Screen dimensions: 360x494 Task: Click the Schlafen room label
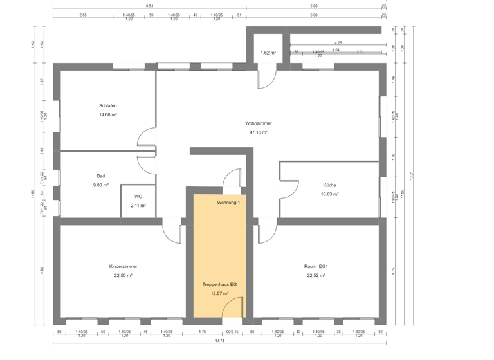click(x=107, y=105)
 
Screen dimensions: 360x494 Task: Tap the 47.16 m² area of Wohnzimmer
click(x=258, y=132)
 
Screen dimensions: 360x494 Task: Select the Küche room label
click(x=329, y=185)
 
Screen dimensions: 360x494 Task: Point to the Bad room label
click(x=100, y=175)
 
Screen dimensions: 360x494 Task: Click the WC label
click(x=138, y=197)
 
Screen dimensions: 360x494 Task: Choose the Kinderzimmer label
click(x=123, y=266)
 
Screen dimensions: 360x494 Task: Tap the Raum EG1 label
click(x=316, y=266)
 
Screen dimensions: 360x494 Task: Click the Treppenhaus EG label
click(x=219, y=283)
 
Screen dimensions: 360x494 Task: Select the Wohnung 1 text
click(x=228, y=203)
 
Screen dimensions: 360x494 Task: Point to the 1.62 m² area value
click(x=268, y=53)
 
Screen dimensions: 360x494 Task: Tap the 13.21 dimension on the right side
click(x=412, y=174)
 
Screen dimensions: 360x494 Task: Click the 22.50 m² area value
click(x=123, y=275)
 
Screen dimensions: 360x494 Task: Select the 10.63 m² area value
click(x=329, y=194)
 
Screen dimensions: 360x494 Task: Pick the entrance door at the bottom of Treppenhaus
click(x=233, y=307)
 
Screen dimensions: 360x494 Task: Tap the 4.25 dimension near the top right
click(x=338, y=43)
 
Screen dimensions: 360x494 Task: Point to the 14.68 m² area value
click(x=107, y=114)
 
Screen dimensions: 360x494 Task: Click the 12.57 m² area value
click(x=219, y=293)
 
